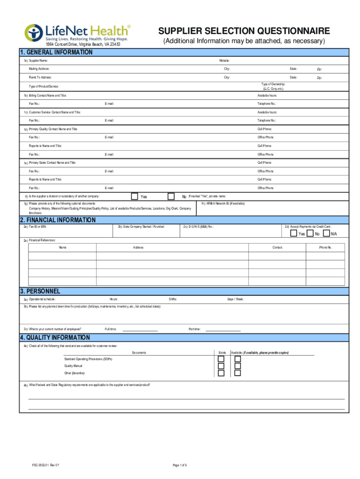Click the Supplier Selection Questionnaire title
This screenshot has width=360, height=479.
(x=244, y=31)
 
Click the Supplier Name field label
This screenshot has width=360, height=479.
(x=38, y=61)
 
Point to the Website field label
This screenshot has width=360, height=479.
(x=224, y=61)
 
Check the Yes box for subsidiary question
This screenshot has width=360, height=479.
(x=135, y=196)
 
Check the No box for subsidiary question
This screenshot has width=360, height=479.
(x=171, y=196)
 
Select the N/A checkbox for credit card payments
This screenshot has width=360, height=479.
(x=326, y=233)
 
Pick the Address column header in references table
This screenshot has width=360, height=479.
(x=138, y=247)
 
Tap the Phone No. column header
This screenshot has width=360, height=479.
(x=325, y=247)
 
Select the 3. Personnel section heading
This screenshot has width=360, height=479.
(x=40, y=291)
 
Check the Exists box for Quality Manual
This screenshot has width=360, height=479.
(x=221, y=366)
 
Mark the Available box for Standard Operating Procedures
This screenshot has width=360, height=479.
(x=238, y=359)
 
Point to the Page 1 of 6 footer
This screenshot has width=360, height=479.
(x=180, y=464)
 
